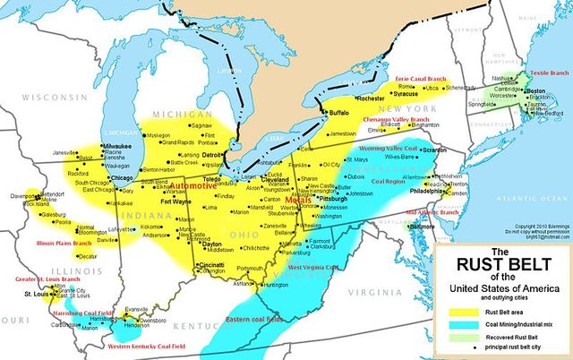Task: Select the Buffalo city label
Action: click(x=339, y=114)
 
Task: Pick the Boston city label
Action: click(x=535, y=92)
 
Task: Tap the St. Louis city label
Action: click(x=35, y=294)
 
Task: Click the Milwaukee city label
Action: click(x=115, y=144)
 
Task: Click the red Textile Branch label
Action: click(x=548, y=73)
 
